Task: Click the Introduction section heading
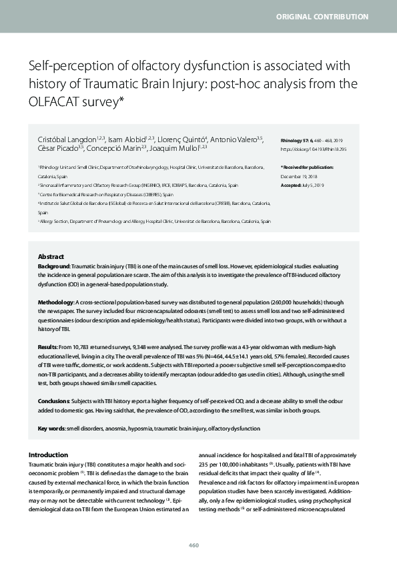48,454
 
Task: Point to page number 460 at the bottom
193,545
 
